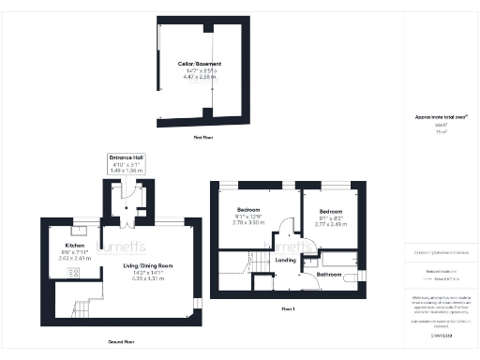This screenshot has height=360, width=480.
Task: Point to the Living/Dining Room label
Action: [148, 267]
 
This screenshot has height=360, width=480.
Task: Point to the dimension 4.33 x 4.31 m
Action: [148, 278]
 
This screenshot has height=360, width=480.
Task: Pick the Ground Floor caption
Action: [121, 341]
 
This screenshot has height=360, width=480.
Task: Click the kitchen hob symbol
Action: [50, 274]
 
